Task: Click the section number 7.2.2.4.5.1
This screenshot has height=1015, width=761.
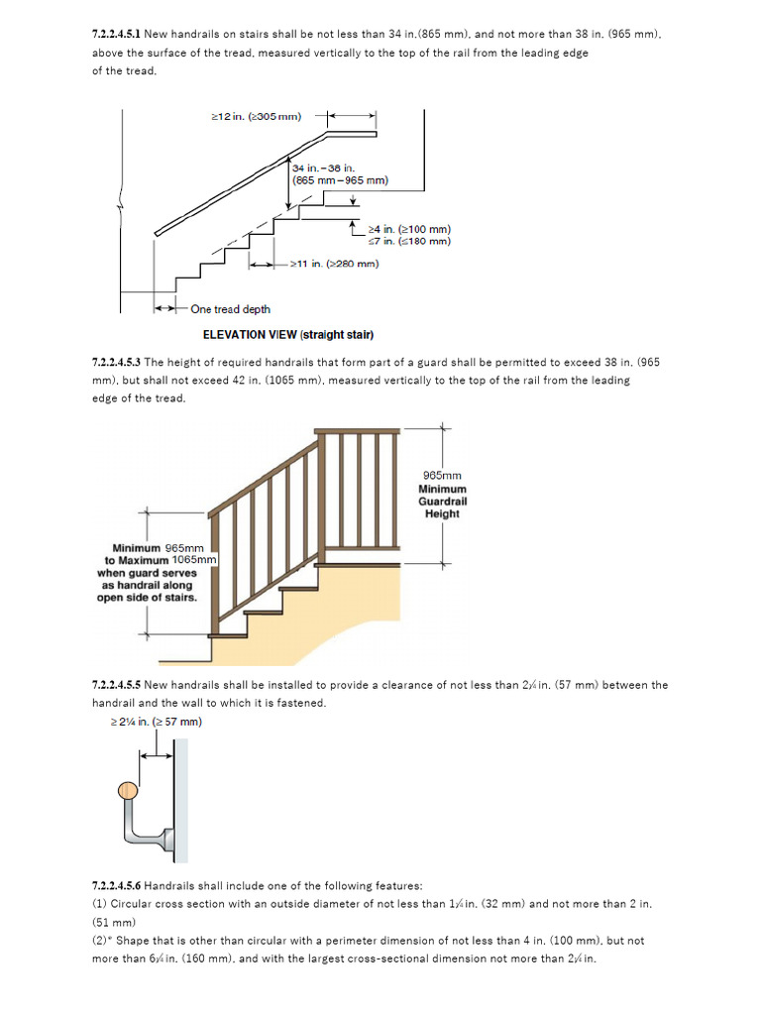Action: [116, 34]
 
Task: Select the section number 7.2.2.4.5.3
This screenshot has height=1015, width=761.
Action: [116, 362]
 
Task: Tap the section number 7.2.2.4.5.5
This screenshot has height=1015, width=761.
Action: [116, 685]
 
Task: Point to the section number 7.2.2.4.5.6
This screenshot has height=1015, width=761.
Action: [116, 885]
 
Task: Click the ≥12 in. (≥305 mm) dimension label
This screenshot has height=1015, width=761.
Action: [257, 116]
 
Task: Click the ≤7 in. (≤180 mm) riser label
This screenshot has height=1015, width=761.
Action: [408, 241]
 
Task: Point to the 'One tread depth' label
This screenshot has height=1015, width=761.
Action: [230, 309]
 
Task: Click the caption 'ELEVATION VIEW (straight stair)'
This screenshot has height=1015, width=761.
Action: [287, 335]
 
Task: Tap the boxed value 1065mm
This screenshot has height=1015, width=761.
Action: [194, 560]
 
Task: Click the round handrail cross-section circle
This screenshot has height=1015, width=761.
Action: [127, 790]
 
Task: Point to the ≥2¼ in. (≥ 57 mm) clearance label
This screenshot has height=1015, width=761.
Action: [156, 722]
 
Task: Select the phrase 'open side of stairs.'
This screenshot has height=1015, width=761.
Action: [147, 598]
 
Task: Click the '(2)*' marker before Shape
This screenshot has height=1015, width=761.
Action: [102, 941]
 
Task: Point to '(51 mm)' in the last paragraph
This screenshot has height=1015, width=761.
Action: [110, 922]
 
